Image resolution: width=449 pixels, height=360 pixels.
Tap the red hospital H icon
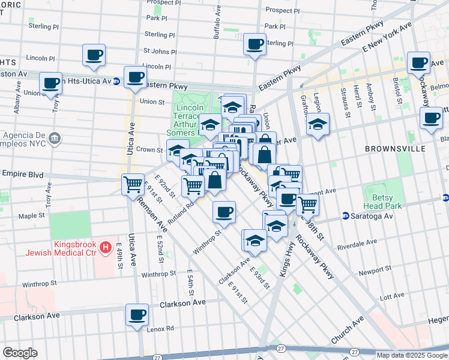106,246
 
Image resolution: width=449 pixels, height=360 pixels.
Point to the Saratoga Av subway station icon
346,215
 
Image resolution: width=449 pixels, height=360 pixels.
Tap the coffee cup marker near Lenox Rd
137,314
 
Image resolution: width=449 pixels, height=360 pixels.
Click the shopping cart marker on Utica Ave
132,184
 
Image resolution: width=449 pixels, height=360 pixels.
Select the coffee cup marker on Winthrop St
224,211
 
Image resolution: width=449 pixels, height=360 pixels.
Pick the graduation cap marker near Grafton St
318,125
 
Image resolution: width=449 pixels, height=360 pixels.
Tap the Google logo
20,353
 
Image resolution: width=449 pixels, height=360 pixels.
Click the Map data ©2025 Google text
412,355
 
